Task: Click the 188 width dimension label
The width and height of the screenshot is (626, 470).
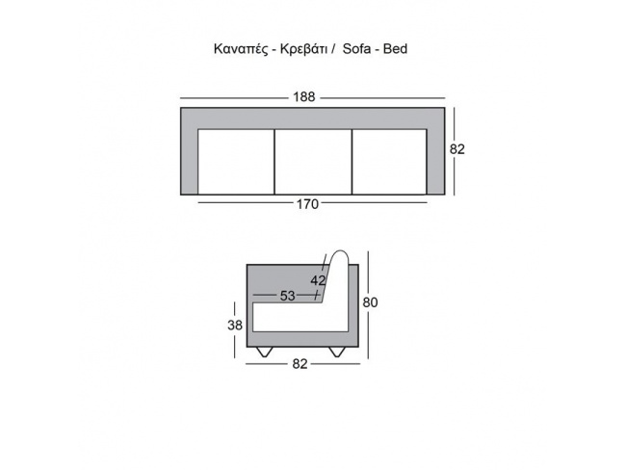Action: click(x=303, y=97)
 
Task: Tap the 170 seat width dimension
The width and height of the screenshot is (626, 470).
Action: click(x=307, y=204)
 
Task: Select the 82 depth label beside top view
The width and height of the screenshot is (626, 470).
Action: click(x=457, y=149)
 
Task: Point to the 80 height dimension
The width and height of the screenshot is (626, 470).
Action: click(x=370, y=302)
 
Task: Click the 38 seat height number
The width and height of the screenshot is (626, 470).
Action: click(x=235, y=326)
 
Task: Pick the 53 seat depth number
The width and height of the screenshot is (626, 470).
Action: click(x=287, y=296)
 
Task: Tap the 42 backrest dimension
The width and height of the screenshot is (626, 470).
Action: click(x=318, y=280)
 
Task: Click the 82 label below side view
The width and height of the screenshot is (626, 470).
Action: click(x=300, y=364)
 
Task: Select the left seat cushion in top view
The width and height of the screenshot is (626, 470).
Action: click(x=236, y=162)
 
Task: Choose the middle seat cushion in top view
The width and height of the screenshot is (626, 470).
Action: click(x=313, y=162)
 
